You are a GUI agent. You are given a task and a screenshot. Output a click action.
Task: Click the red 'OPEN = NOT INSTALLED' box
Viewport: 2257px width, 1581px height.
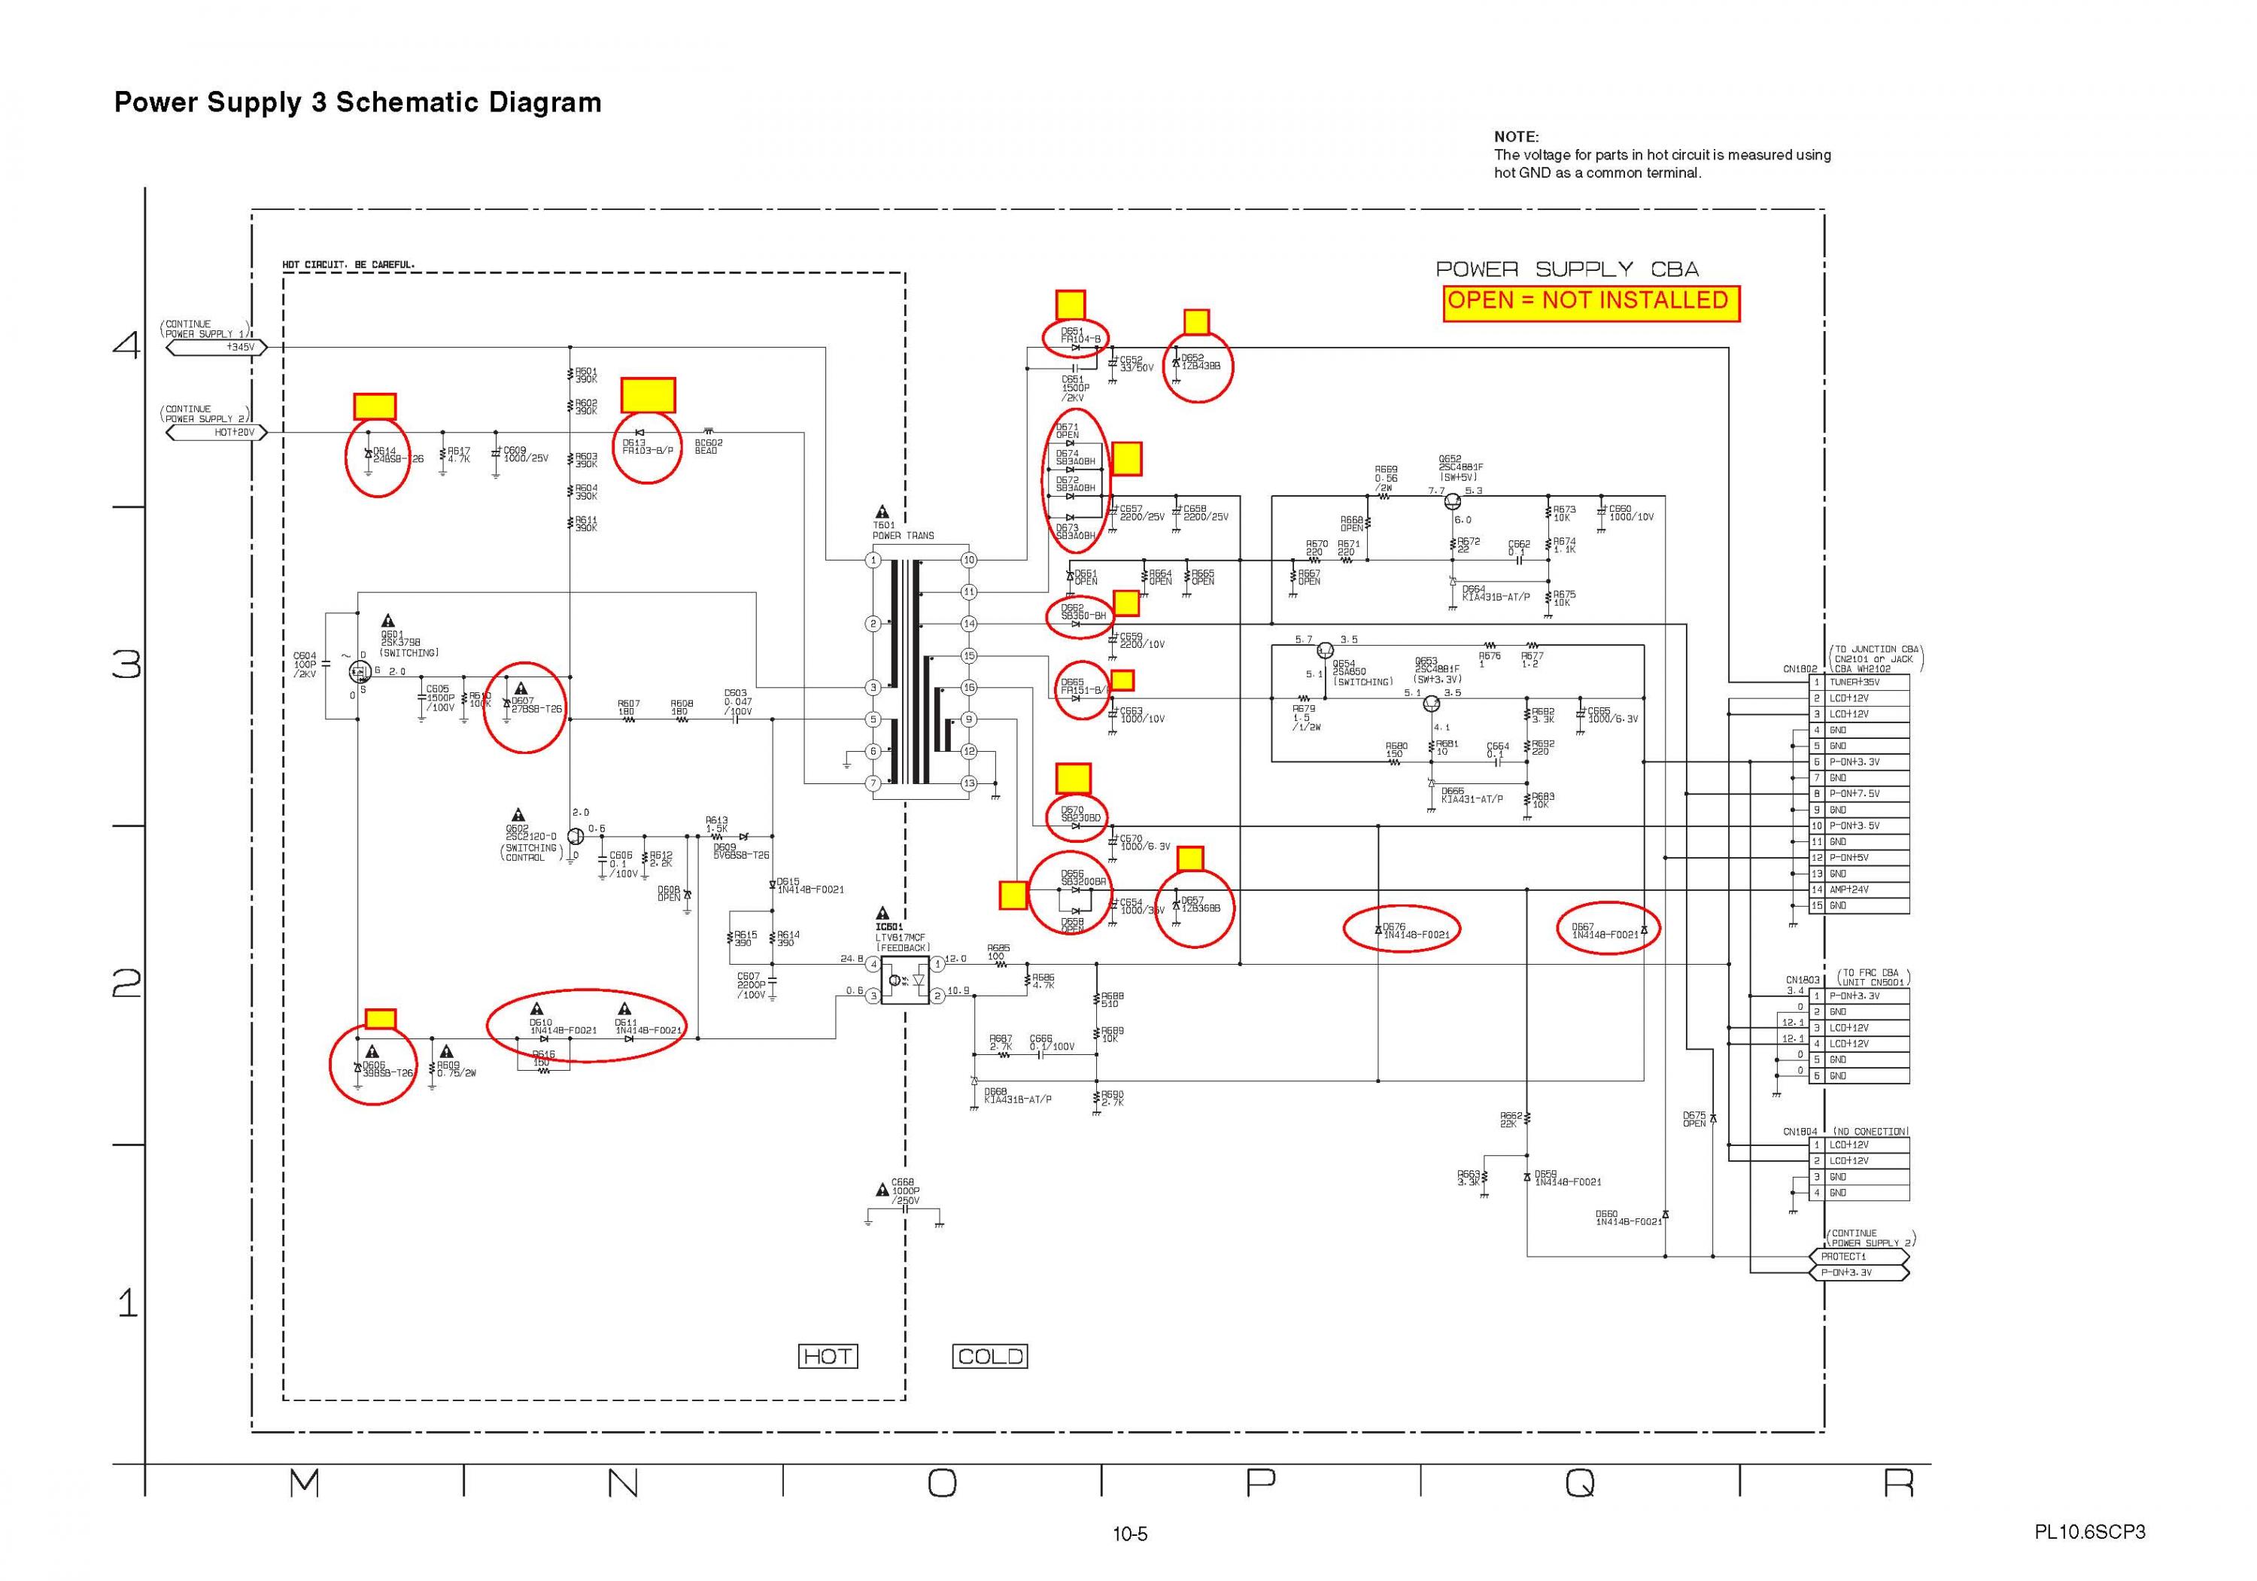coord(1590,303)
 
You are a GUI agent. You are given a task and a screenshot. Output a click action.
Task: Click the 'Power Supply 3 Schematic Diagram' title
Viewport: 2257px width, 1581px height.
coord(358,102)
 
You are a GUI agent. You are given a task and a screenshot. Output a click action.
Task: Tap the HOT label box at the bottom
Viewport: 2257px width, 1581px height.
coord(828,1357)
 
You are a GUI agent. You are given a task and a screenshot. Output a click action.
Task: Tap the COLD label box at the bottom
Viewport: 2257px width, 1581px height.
coord(990,1357)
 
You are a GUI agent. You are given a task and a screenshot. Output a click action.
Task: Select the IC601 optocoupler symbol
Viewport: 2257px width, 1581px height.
coord(905,981)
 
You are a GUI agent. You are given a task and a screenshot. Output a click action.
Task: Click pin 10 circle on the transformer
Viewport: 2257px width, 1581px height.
coord(969,561)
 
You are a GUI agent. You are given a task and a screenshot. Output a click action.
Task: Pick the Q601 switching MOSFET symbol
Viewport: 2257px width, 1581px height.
coord(360,670)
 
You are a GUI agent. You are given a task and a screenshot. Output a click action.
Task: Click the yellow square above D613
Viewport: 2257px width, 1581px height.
coord(648,395)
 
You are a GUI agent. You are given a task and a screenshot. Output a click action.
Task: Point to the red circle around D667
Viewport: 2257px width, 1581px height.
coord(1609,928)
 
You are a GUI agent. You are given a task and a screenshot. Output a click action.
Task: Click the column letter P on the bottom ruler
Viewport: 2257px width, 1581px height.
coord(1260,1482)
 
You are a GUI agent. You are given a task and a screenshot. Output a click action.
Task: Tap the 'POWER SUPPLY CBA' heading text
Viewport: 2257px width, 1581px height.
coord(1567,269)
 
